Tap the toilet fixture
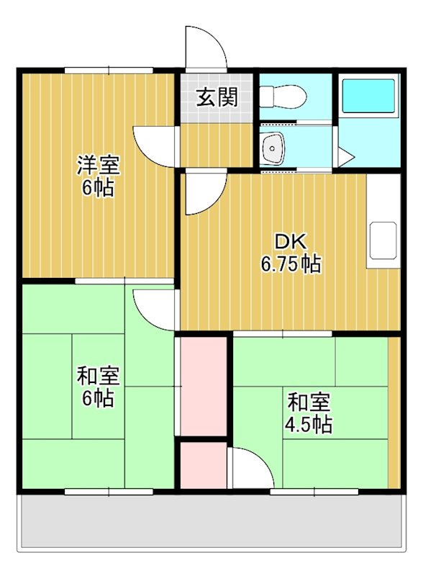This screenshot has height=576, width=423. point(282,95)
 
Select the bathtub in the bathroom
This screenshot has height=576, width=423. point(368,97)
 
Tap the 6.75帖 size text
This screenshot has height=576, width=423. point(291,264)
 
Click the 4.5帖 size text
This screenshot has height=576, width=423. point(309,424)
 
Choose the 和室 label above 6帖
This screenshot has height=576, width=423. point(98,375)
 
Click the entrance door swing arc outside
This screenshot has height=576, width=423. point(204,46)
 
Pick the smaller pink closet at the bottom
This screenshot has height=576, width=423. point(203,466)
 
